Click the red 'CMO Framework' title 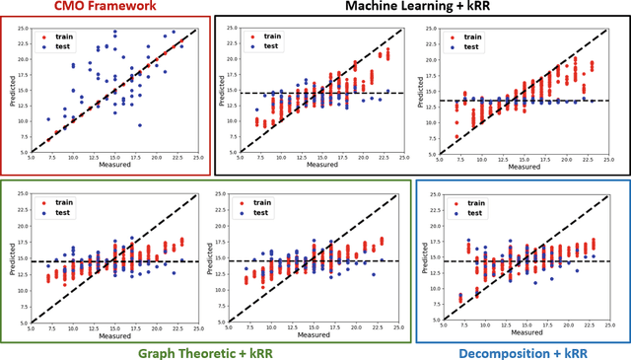[105, 10]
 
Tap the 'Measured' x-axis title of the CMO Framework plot [114, 165]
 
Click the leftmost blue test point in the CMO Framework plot [47, 119]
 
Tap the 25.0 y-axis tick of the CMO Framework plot [23, 28]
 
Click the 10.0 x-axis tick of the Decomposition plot [475, 324]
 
